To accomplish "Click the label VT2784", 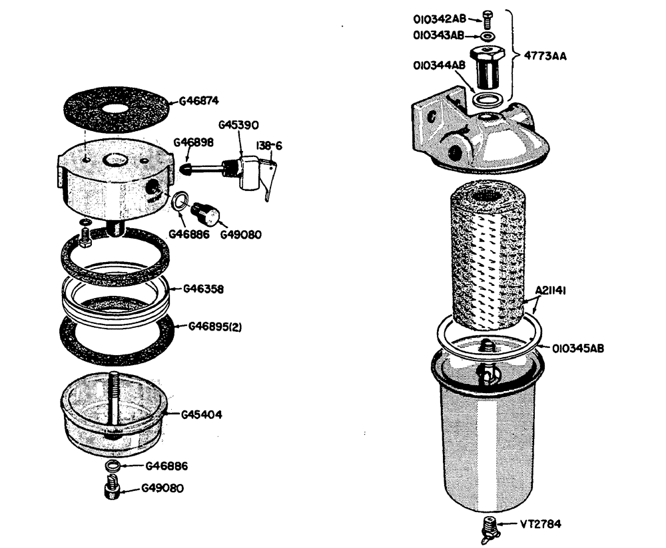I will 540,523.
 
